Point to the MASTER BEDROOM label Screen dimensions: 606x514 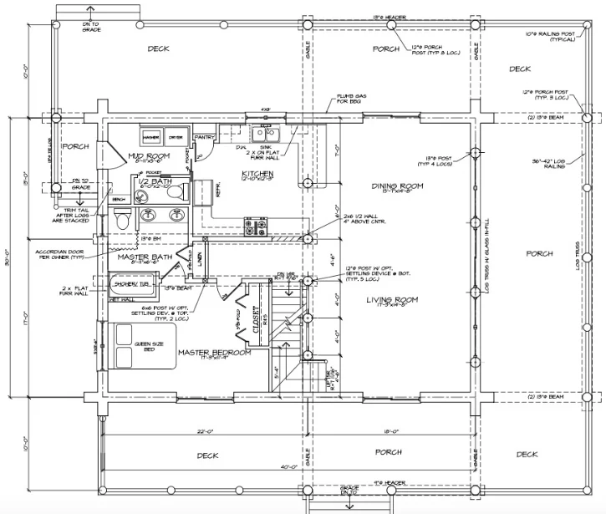(215, 353)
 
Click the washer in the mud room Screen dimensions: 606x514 (151, 137)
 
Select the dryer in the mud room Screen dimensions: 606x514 (176, 137)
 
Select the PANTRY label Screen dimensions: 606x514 (205, 135)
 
